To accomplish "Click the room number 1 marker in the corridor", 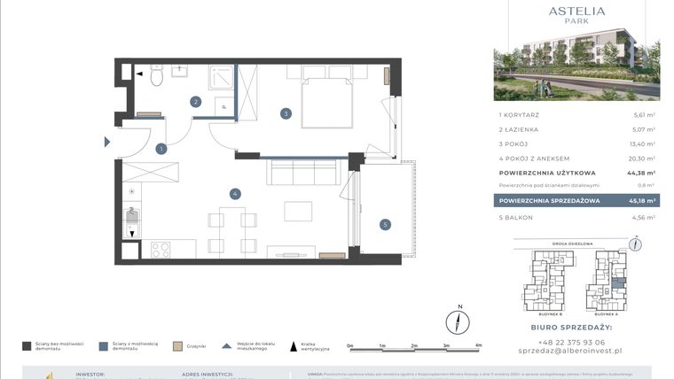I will point(161,149).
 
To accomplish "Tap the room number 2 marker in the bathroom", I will point(195,102).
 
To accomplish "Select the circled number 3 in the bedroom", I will point(286,113).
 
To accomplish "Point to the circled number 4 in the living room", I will point(234,193).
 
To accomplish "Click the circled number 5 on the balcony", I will point(385,224).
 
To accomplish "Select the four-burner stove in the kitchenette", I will point(161,250).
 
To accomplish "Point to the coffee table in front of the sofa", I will point(298,212).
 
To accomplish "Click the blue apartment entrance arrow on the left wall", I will point(107,142).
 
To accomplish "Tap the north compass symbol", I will point(458,320).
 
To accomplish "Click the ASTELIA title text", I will point(576,11).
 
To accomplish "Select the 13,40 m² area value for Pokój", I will point(643,143).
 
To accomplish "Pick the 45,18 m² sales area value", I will point(642,201).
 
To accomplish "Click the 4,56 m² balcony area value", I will point(643,217).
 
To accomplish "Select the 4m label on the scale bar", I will point(479,345).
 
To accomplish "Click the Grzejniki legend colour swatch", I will point(177,346).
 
